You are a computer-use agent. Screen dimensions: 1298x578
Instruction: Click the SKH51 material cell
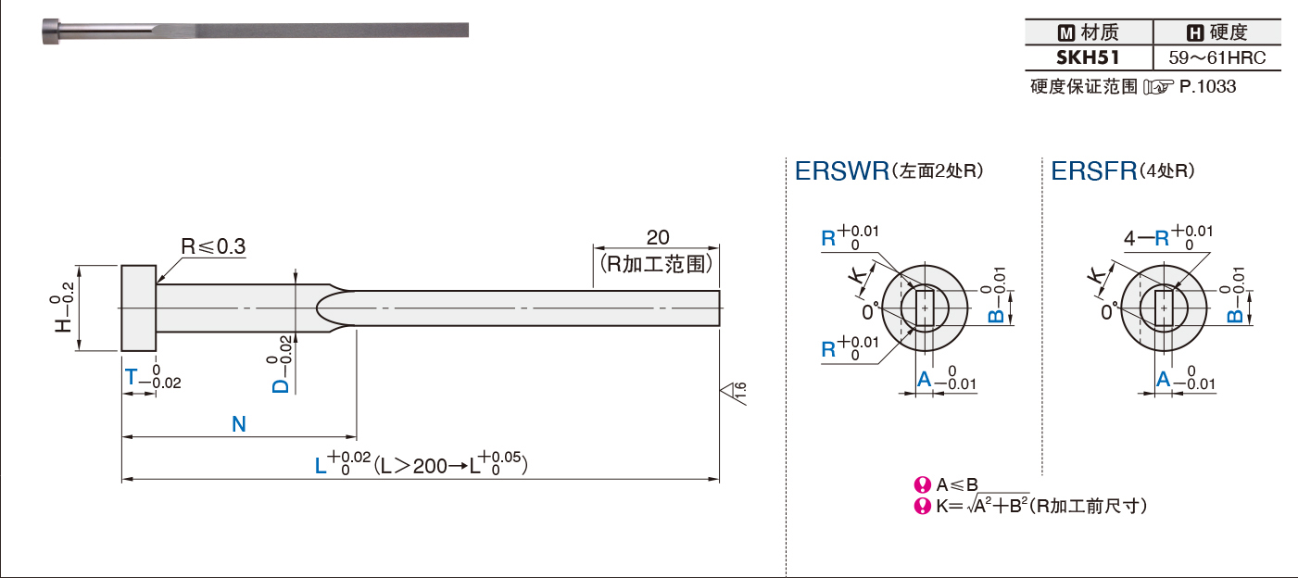click(1088, 57)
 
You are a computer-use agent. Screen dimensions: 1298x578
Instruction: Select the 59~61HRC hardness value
click(1216, 57)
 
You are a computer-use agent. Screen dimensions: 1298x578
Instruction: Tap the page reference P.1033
click(1207, 86)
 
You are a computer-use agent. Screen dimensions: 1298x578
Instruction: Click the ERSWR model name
click(842, 170)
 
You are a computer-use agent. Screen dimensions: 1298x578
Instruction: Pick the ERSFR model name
click(1094, 170)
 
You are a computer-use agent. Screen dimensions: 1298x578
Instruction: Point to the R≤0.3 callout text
click(213, 246)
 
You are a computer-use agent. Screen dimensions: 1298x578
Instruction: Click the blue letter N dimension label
click(239, 424)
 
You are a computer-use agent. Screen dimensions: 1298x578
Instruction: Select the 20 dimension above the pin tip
click(658, 237)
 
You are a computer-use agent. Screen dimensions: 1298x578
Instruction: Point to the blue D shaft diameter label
click(281, 385)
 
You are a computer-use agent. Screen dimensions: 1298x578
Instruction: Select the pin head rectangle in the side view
click(138, 308)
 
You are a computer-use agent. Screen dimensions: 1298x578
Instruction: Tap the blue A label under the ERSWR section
click(925, 380)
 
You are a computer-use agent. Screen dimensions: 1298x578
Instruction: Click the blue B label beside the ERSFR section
click(1235, 315)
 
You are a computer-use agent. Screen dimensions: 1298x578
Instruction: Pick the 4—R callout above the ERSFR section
click(1146, 237)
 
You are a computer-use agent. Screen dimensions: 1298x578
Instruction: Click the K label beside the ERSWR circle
click(858, 274)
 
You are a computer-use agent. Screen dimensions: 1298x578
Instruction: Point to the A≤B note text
click(957, 484)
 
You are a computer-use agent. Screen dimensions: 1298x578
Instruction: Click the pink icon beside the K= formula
click(922, 506)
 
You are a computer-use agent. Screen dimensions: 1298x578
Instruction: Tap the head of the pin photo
click(50, 31)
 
